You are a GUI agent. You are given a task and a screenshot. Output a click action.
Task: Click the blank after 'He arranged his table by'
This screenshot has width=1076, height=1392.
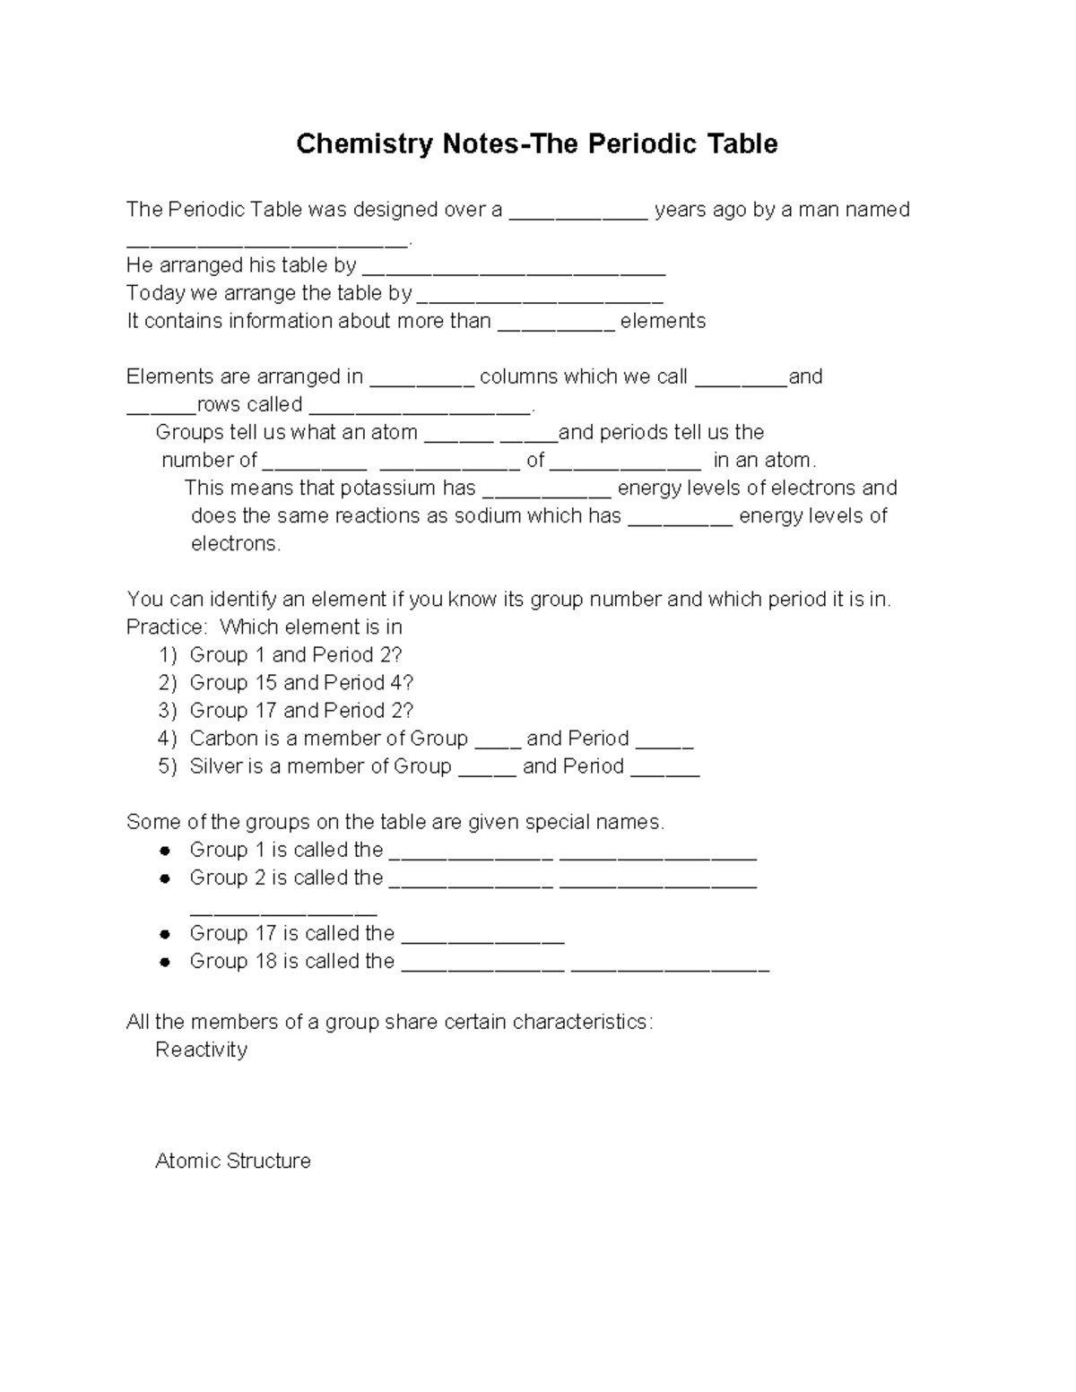[x=514, y=269]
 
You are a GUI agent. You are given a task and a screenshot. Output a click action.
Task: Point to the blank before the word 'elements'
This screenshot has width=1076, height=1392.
[x=556, y=324]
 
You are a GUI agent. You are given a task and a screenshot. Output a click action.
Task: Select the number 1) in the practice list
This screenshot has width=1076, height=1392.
[x=168, y=655]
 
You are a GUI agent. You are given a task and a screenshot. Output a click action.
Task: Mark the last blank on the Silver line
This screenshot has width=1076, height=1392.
[x=664, y=770]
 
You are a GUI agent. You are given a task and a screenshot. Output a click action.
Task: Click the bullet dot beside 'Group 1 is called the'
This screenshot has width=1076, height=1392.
[x=165, y=851]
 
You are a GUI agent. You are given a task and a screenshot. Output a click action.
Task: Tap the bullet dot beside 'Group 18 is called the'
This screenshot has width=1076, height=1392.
[x=165, y=962]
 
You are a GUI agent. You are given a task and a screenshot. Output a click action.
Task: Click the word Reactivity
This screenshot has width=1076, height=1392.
[x=201, y=1050]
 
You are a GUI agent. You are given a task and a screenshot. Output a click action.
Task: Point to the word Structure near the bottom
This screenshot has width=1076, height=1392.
[x=269, y=1162]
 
